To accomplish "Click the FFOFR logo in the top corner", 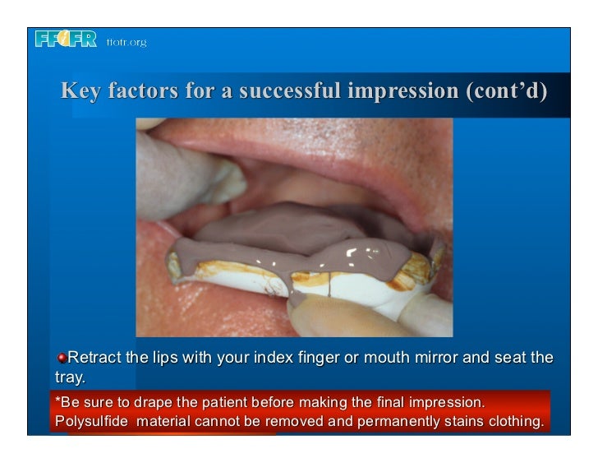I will click(67, 39).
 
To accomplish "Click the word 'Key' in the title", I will click(80, 91).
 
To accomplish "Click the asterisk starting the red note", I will click(56, 401).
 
